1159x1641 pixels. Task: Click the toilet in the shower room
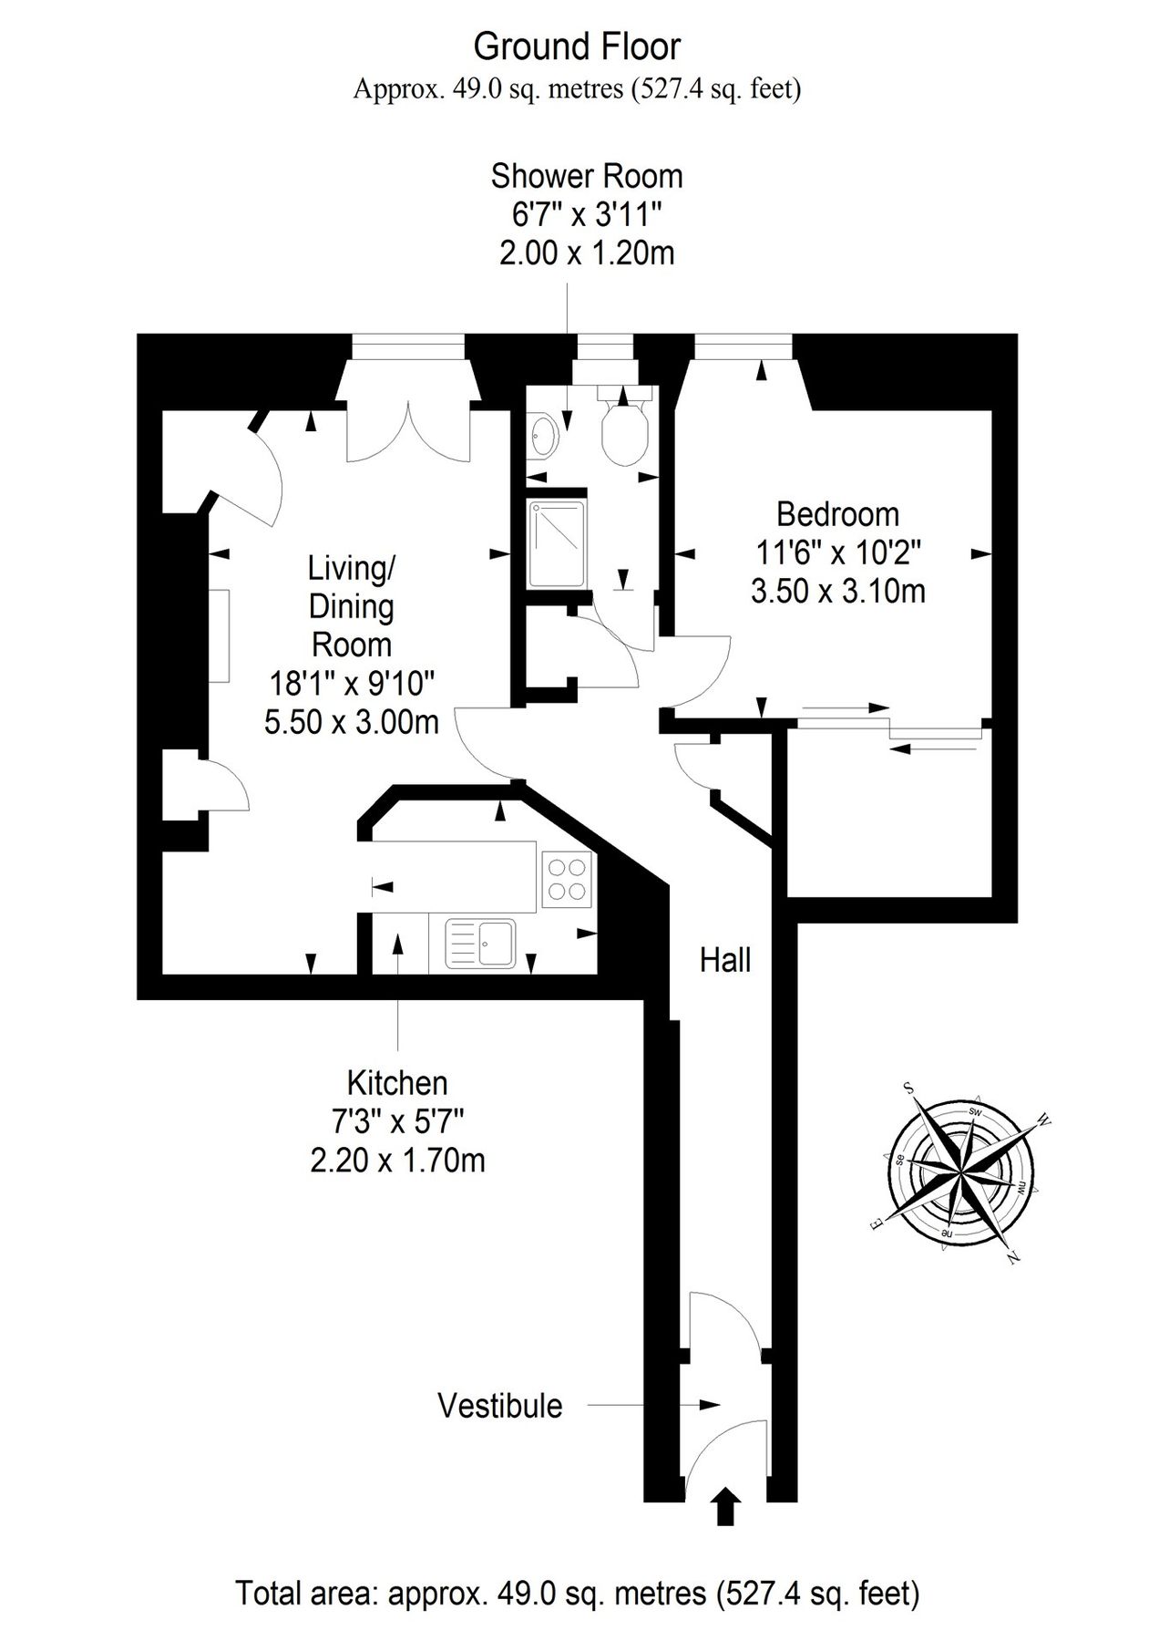(x=624, y=424)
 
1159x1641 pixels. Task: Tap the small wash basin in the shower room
(x=543, y=436)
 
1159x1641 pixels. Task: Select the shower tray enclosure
(x=559, y=542)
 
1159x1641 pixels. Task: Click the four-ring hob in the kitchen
(x=567, y=878)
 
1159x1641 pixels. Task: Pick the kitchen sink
(x=480, y=942)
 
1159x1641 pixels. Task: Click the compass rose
(x=960, y=1171)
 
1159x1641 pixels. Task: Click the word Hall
(x=725, y=959)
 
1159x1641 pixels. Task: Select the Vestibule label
(x=500, y=1405)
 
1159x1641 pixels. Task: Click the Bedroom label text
(x=837, y=514)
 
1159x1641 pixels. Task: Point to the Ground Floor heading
(x=577, y=46)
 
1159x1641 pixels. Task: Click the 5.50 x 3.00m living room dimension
(x=352, y=722)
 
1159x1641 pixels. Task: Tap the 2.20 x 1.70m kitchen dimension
(x=397, y=1160)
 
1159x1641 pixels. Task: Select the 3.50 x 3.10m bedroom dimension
(x=837, y=591)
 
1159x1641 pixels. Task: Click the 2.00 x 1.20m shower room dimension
(x=587, y=253)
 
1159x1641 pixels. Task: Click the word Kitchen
(x=397, y=1083)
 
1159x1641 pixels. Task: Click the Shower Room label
(x=587, y=176)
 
